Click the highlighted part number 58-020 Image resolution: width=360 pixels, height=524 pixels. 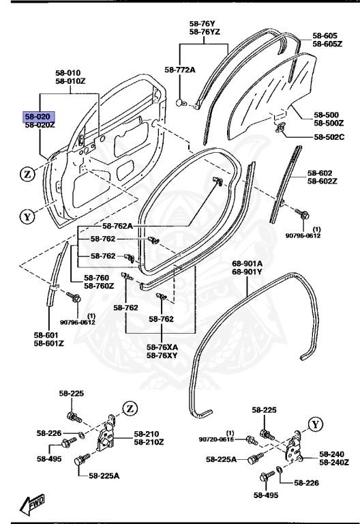(x=38, y=117)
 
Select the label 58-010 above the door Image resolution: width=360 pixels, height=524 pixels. (x=68, y=72)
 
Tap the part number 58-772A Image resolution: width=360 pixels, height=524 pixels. (x=179, y=70)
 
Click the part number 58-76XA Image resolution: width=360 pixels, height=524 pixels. (x=162, y=347)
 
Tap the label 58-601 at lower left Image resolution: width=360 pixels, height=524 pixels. (x=46, y=335)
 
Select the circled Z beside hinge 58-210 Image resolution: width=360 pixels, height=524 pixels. (x=130, y=408)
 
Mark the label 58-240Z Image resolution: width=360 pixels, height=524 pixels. (x=333, y=463)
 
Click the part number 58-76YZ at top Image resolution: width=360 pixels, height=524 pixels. (x=204, y=31)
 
